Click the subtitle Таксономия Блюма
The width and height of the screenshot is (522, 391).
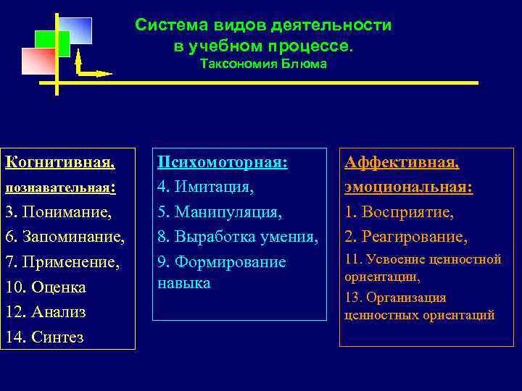(263, 64)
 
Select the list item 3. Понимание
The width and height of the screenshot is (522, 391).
(59, 212)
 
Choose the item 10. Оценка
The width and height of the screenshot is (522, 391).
(46, 287)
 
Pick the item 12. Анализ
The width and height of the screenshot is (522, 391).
(46, 312)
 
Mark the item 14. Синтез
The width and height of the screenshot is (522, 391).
(44, 337)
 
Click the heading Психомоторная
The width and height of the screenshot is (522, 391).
(223, 162)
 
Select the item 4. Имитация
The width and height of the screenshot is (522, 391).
(206, 188)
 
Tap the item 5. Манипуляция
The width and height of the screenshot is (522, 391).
(220, 213)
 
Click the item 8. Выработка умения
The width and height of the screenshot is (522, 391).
(238, 237)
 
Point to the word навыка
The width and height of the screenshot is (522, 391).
(184, 282)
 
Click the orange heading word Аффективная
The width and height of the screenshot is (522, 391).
(402, 162)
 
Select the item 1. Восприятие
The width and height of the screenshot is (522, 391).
(399, 213)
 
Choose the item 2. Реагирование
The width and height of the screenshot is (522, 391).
(406, 237)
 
